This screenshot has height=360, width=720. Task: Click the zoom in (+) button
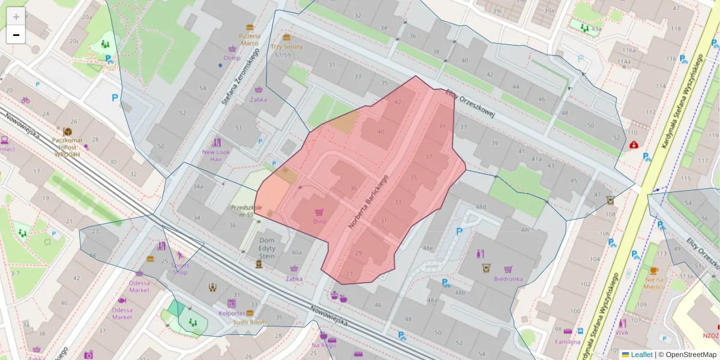(x=16, y=16)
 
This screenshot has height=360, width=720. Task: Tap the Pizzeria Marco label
(x=250, y=39)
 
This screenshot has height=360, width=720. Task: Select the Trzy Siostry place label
(x=286, y=47)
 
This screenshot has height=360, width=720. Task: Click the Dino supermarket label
(x=319, y=221)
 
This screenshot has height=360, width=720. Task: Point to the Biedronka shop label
(x=508, y=278)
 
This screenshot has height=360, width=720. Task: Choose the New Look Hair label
(x=216, y=155)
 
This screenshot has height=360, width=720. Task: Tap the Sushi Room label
(x=249, y=322)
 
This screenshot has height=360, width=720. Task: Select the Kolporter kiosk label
(x=231, y=313)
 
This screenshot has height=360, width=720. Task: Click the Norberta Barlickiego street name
(x=368, y=202)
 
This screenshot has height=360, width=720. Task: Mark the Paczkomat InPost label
(x=67, y=143)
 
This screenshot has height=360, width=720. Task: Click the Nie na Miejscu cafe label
(x=653, y=283)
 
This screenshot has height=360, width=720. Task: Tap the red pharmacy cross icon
(x=634, y=145)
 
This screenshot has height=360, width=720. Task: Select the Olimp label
(x=232, y=58)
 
